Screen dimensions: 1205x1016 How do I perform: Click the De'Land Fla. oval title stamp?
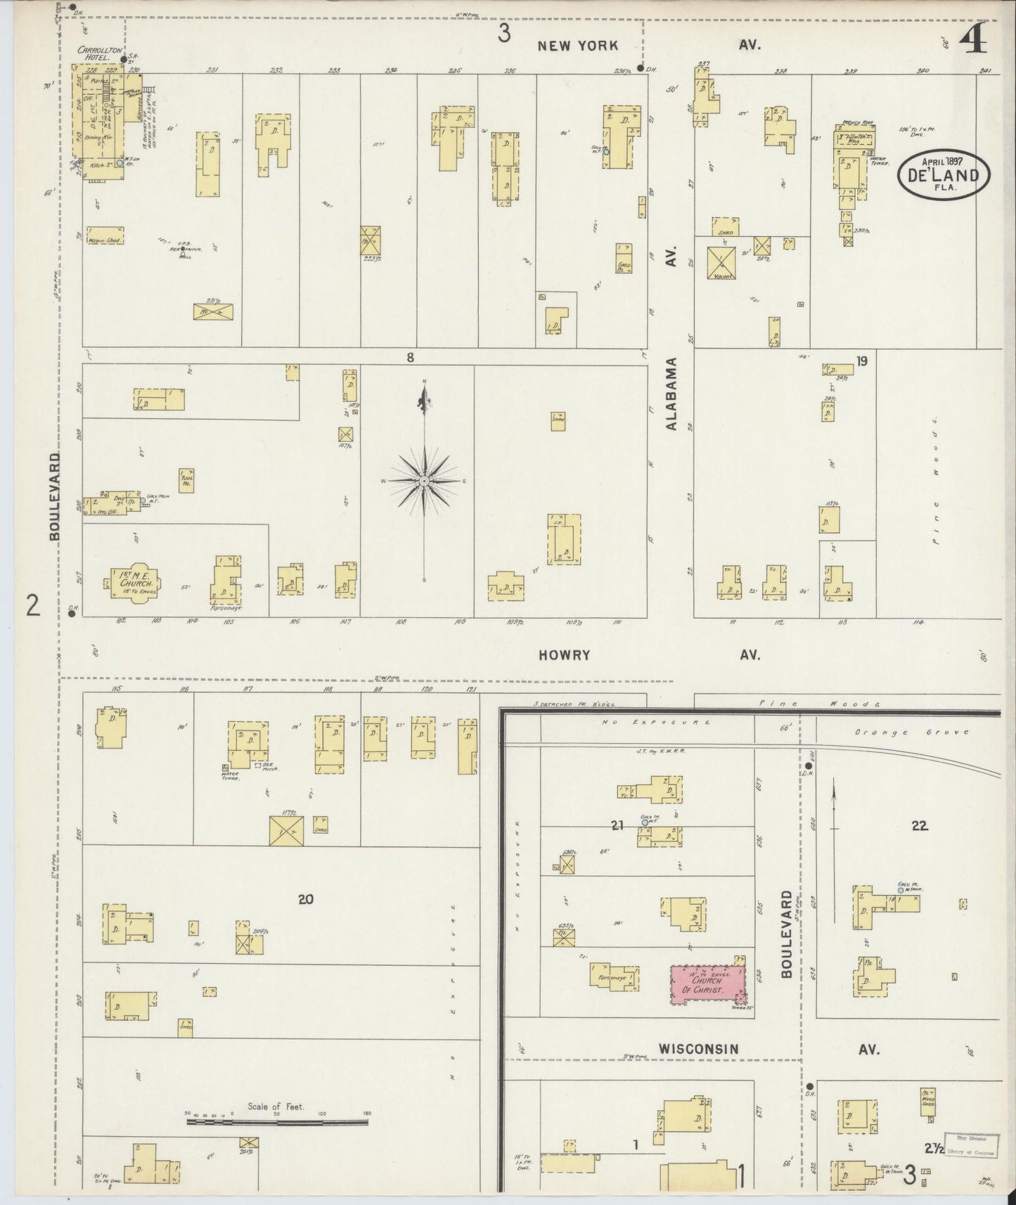[x=943, y=172]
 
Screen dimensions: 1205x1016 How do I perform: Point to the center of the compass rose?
[x=425, y=481]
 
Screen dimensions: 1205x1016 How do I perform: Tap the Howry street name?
[x=564, y=655]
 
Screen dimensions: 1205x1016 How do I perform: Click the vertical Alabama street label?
[x=671, y=394]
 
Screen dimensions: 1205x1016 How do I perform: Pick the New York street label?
[x=577, y=46]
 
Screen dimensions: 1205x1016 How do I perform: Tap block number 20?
[x=305, y=898]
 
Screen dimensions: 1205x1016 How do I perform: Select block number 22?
[x=920, y=826]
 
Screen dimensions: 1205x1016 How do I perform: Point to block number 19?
[x=861, y=362]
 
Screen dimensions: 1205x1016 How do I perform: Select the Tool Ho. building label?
[x=187, y=480]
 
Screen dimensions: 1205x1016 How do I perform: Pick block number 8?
[x=410, y=358]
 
